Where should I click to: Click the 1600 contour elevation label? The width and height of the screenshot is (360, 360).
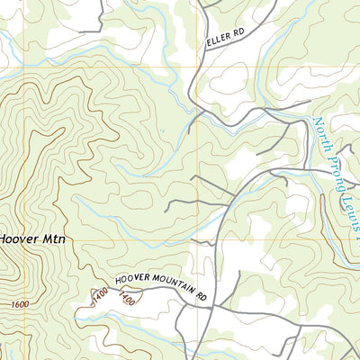point(21,305)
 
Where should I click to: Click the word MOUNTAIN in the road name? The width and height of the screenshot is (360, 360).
point(172,288)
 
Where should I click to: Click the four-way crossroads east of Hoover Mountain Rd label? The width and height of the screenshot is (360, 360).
point(213,307)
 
